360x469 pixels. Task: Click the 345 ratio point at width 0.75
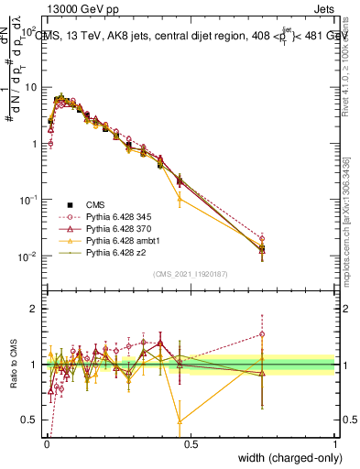(x=262, y=333)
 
